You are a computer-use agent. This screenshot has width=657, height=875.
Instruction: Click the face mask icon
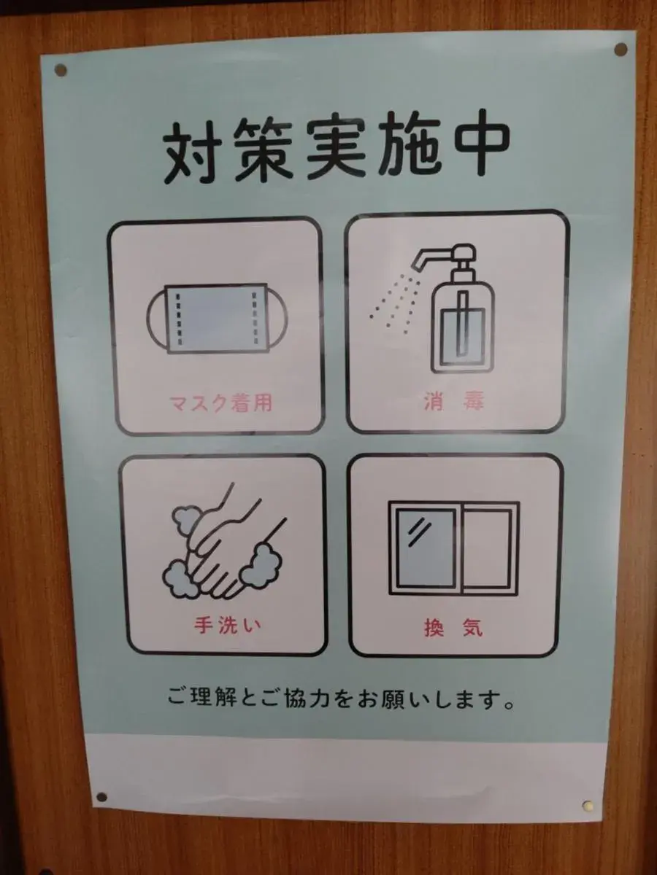(217, 319)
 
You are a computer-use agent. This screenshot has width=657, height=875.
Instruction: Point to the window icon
(453, 546)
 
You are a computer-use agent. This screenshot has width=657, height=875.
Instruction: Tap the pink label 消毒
(453, 402)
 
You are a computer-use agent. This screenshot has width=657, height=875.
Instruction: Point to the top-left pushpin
(61, 70)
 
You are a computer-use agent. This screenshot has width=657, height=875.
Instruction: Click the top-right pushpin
(620, 50)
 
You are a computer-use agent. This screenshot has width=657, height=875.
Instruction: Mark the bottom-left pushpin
(101, 797)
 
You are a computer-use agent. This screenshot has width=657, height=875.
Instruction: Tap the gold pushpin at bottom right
(588, 806)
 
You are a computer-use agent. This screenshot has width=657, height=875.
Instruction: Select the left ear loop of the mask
(155, 319)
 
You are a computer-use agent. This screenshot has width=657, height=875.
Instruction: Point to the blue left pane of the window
(425, 547)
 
